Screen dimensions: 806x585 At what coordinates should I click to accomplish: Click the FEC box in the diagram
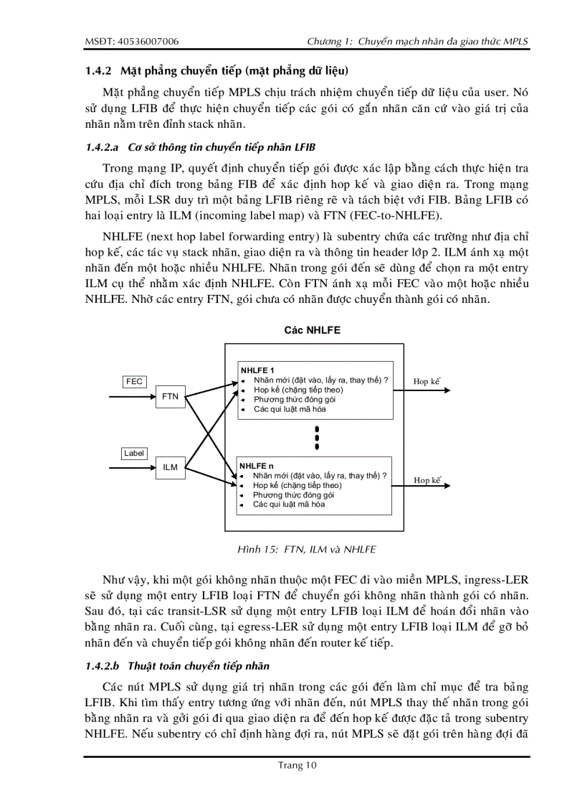click(x=134, y=382)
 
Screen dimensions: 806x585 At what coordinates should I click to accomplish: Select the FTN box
click(x=170, y=396)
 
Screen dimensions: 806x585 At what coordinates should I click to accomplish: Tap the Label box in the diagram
click(x=134, y=453)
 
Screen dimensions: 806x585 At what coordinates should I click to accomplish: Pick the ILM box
click(x=170, y=467)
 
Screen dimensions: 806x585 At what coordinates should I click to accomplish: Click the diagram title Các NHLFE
click(x=312, y=330)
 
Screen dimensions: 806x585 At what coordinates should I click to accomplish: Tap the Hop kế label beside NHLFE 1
click(x=427, y=382)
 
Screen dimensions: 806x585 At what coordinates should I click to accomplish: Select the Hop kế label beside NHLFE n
click(x=427, y=480)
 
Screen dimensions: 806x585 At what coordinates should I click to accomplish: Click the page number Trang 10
click(x=298, y=765)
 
